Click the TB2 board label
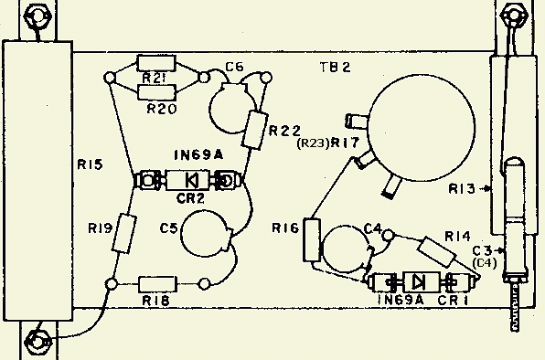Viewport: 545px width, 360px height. tap(335, 67)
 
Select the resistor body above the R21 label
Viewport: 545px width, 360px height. tap(156, 63)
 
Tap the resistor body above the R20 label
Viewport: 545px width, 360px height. tap(156, 92)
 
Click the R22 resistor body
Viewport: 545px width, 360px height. tap(255, 131)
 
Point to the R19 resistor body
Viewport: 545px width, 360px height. tap(124, 233)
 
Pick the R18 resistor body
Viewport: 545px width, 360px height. tap(157, 284)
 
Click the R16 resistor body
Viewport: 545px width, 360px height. tap(312, 240)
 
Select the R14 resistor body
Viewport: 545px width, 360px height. tap(436, 252)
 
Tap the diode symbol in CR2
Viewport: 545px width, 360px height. tap(192, 180)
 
